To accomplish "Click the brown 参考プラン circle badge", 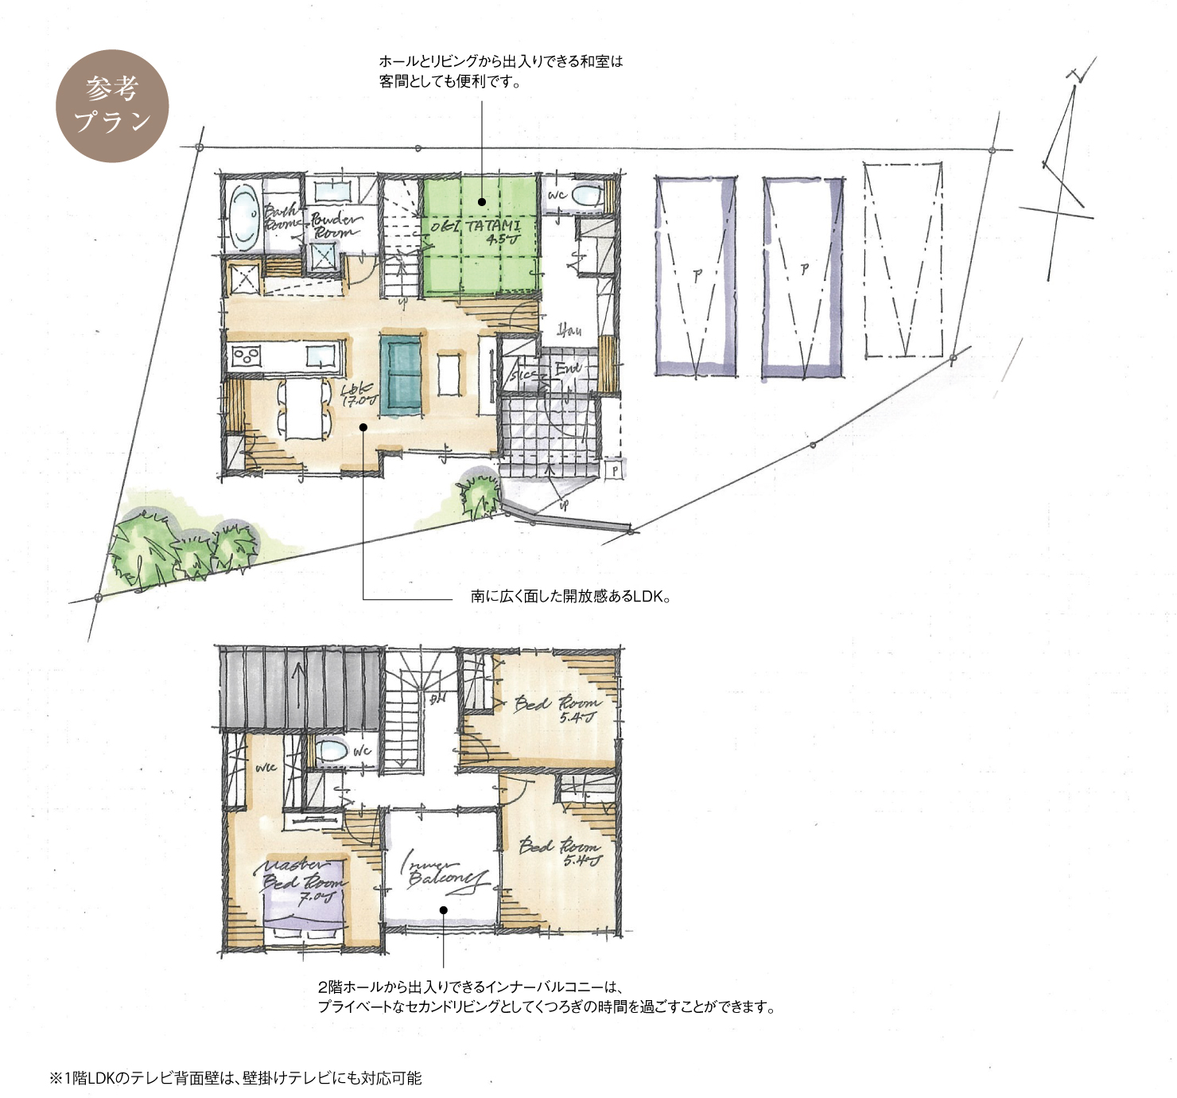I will [112, 106].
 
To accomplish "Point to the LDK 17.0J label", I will [359, 395].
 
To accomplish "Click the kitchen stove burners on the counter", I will [247, 356].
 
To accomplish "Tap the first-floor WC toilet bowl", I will [588, 194].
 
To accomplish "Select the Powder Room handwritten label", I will [335, 225].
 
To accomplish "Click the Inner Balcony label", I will [441, 872].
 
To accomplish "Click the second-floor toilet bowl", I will [331, 750].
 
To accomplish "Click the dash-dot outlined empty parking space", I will [903, 260].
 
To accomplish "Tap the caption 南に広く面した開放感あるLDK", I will [569, 596].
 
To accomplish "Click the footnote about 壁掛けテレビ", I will [236, 1078].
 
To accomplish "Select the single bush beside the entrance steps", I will [480, 495].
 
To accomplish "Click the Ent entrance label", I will [568, 368].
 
